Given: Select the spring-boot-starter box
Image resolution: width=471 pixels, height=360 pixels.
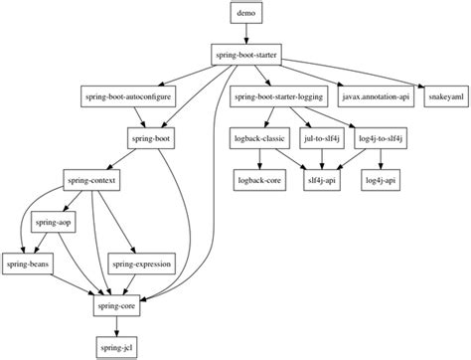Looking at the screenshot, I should pos(244,55).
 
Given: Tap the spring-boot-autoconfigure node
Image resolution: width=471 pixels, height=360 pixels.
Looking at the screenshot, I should pos(123,97).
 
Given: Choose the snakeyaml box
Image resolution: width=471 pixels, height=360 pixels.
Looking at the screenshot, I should pos(443,97).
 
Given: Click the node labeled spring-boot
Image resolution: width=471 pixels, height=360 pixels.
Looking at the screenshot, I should pos(152,140).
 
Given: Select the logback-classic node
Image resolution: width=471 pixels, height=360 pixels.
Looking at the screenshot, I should pos(259,140).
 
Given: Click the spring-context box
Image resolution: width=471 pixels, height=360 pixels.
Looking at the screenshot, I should pos(94,183).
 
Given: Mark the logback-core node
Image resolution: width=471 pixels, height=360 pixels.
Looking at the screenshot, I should pos(259,183).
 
